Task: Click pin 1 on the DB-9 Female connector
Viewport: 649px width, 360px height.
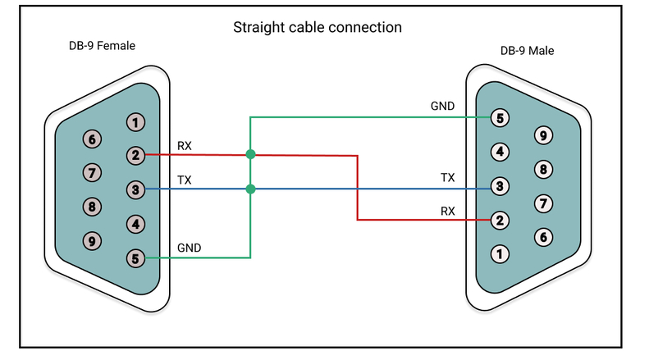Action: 135,122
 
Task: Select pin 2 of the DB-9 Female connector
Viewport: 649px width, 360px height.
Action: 135,155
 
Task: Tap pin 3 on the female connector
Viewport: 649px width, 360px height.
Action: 135,189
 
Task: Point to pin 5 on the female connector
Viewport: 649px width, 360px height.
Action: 135,258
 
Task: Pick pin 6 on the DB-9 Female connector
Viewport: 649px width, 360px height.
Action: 93,139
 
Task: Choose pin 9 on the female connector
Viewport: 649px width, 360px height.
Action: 93,241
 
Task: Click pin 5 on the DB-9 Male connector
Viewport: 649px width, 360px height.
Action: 500,117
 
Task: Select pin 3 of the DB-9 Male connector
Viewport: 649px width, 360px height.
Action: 500,186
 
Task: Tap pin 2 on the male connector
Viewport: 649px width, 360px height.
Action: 500,220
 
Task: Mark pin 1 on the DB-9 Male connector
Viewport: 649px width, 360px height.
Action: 500,253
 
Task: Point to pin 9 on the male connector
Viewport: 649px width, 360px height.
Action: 542,134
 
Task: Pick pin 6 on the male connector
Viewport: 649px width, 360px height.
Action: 542,236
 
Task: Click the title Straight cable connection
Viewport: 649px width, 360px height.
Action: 318,28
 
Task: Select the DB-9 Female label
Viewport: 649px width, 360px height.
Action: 102,46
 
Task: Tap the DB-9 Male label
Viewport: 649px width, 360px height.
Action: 527,51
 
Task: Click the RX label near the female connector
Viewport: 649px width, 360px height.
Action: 185,146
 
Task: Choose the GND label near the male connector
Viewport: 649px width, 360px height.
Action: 442,107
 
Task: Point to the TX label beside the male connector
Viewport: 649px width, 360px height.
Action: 447,177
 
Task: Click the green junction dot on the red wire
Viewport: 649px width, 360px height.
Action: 250,154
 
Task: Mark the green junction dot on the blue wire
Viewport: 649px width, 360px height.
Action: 250,189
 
